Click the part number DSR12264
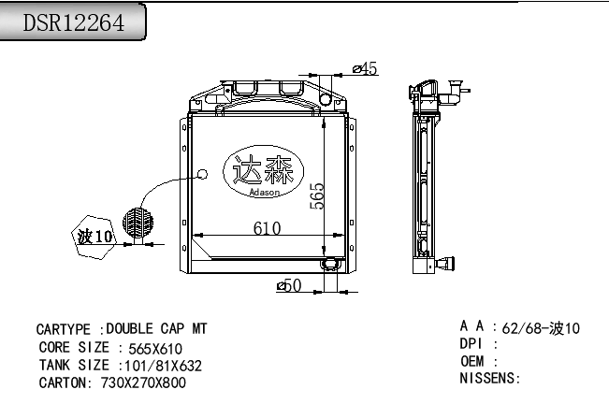pyautogui.click(x=74, y=22)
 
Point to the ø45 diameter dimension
pyautogui.click(x=365, y=68)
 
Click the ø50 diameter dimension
pyautogui.click(x=289, y=285)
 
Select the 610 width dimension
pyautogui.click(x=267, y=228)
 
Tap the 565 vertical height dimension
pyautogui.click(x=317, y=196)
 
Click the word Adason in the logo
pyautogui.click(x=264, y=192)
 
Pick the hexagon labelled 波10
pyautogui.click(x=94, y=237)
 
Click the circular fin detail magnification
pyautogui.click(x=138, y=223)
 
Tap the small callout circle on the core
pyautogui.click(x=202, y=174)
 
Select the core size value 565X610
pyautogui.click(x=155, y=349)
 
